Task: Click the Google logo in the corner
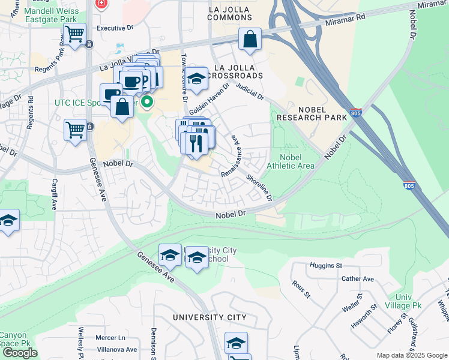click(20, 353)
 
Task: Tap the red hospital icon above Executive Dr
click(101, 4)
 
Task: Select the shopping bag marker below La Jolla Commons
click(250, 40)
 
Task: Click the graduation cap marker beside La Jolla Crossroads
click(196, 79)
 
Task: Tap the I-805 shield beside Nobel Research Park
click(355, 113)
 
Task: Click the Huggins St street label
click(325, 265)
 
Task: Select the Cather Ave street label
click(357, 279)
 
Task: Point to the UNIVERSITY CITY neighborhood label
click(209, 317)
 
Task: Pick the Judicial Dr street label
click(250, 91)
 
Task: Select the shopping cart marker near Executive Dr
click(75, 35)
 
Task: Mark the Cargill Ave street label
click(55, 193)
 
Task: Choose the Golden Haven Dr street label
click(210, 100)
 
